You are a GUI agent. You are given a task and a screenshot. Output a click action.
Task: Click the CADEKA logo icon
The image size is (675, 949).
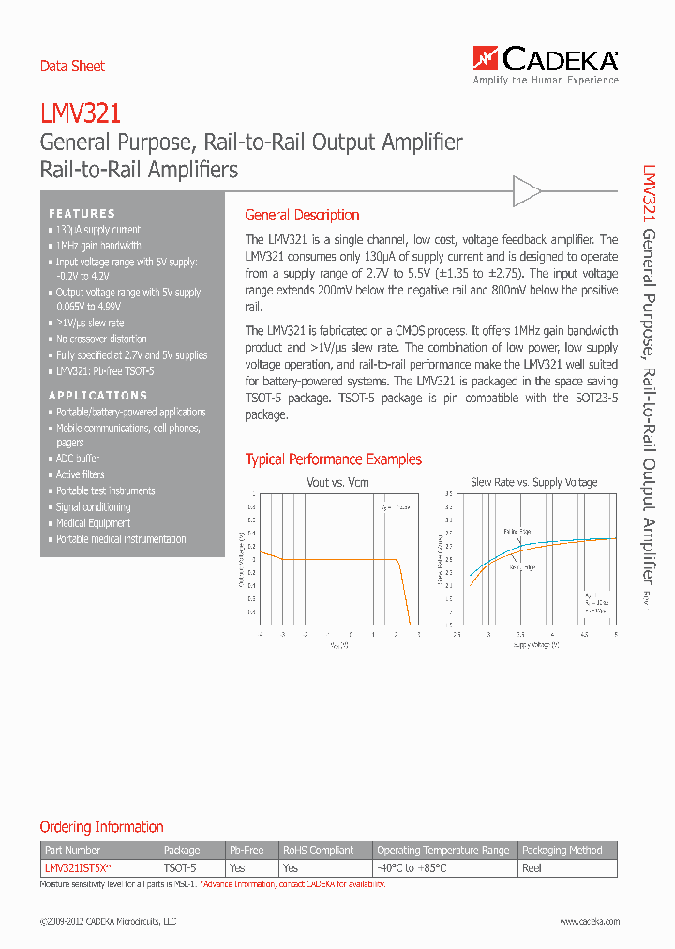pos(486,60)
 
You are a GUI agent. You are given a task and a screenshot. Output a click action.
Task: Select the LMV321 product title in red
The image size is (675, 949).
pos(81,114)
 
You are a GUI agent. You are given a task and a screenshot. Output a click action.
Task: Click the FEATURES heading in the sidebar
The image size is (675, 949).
pos(82,214)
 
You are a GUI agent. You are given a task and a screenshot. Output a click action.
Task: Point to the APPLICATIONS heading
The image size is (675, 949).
pos(98,396)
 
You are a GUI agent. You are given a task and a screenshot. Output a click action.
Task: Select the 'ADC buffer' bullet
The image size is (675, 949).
pos(78,459)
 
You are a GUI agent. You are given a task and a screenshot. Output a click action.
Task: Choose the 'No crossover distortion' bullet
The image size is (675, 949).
pos(101,339)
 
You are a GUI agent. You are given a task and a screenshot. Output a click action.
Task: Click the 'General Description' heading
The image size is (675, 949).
pos(302,215)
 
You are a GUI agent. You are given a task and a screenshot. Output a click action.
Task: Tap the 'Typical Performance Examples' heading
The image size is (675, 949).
pos(333,459)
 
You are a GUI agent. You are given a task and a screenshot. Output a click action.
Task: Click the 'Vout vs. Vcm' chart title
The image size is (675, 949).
pos(337,482)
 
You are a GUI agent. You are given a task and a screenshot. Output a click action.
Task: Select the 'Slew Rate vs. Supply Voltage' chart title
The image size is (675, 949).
pos(533,482)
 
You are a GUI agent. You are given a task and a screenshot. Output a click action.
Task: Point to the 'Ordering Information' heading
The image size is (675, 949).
pos(101,827)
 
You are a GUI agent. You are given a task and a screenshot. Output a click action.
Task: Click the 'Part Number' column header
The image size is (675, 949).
pos(72,851)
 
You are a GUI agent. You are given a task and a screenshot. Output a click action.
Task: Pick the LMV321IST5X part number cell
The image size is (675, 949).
pos(78,868)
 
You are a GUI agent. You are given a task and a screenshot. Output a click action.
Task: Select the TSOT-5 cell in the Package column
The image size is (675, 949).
pos(180,868)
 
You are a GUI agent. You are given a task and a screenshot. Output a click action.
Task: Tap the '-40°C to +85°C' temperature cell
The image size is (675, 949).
pos(412,868)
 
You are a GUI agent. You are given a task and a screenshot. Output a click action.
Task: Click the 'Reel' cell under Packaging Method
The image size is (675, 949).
pos(532,868)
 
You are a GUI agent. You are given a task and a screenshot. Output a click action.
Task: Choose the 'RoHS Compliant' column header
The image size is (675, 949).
pos(319,851)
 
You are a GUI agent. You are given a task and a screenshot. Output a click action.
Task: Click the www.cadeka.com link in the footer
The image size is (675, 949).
pos(590,922)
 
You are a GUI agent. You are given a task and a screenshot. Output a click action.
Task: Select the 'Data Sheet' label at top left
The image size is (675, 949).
pos(72,66)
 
